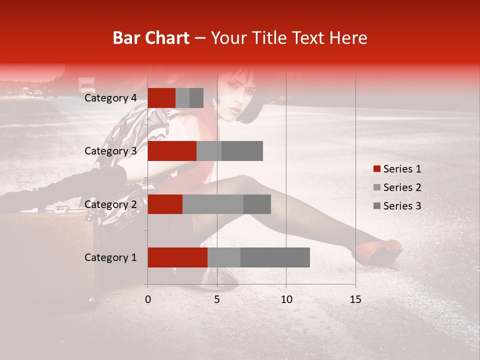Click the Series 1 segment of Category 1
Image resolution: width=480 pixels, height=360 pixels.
click(x=177, y=257)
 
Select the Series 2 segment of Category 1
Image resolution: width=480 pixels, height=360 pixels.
click(x=224, y=257)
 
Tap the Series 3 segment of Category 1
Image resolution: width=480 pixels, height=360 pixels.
click(x=275, y=257)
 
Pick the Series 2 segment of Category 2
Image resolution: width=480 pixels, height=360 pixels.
click(x=213, y=204)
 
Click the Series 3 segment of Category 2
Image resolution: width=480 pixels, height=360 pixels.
click(x=257, y=204)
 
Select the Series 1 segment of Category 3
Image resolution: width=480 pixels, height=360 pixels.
click(x=172, y=151)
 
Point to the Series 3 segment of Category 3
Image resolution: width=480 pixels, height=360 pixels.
click(x=242, y=151)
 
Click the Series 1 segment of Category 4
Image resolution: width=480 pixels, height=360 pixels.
click(x=161, y=98)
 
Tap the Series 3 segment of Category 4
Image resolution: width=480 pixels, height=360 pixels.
click(x=196, y=98)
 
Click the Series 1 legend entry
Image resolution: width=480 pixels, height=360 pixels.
click(x=397, y=169)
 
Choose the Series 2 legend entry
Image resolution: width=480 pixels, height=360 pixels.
click(x=397, y=187)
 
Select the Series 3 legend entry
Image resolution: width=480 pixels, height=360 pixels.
click(x=397, y=206)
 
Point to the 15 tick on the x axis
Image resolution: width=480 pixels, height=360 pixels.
click(x=355, y=299)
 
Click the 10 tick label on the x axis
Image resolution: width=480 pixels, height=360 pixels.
click(x=286, y=299)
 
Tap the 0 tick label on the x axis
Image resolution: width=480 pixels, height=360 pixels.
click(x=148, y=299)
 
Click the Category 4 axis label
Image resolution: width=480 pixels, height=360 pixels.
click(x=110, y=98)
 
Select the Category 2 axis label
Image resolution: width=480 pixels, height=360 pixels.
click(x=110, y=204)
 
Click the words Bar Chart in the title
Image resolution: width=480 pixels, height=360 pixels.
click(x=151, y=38)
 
